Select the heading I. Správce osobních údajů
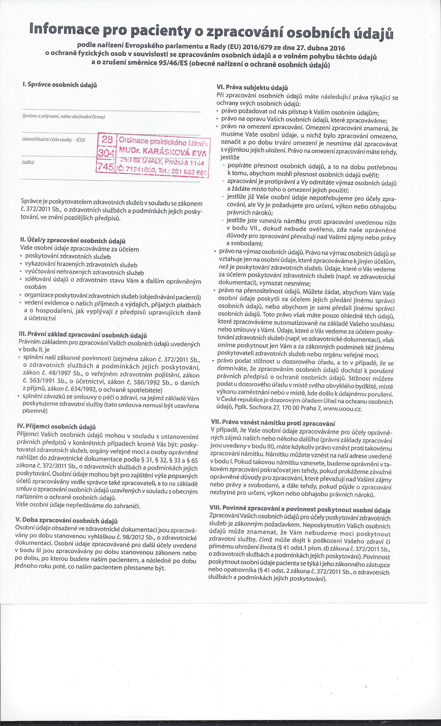pyautogui.click(x=60, y=85)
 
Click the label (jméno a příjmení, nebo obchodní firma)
pyautogui.click(x=63, y=117)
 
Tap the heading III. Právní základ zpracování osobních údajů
pyautogui.click(x=83, y=335)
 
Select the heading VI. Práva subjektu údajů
pyautogui.click(x=252, y=88)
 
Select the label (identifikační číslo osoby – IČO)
pyautogui.click(x=53, y=140)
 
